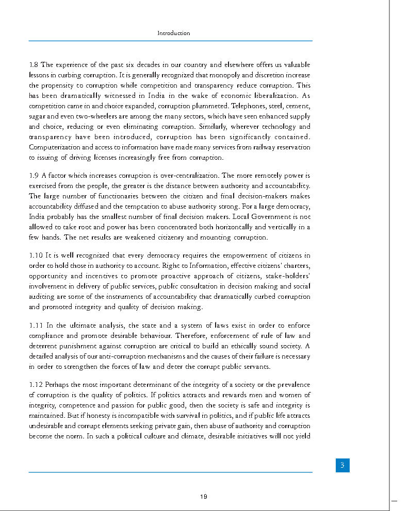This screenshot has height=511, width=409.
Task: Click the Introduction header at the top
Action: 174,33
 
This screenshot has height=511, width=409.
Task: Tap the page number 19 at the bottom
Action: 204,497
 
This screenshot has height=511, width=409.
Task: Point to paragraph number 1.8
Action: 34,65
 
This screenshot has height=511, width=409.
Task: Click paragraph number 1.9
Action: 34,176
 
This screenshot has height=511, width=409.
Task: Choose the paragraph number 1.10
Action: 35,255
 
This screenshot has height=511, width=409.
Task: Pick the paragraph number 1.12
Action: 36,385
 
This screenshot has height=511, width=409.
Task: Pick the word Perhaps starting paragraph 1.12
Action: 56,385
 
